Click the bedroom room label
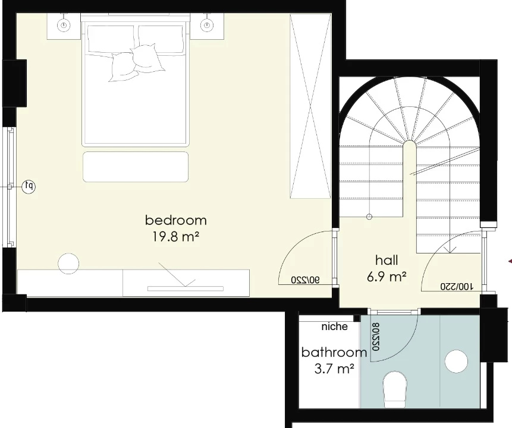(x=175, y=220)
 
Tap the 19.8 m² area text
(x=175, y=237)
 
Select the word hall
(x=387, y=260)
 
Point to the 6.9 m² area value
(x=387, y=277)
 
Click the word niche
(x=334, y=326)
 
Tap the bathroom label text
(x=334, y=353)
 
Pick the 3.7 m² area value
(x=334, y=369)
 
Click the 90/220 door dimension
(x=305, y=280)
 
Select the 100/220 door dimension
(x=457, y=287)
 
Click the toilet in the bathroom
(x=395, y=389)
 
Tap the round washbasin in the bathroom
(x=456, y=362)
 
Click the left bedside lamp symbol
(x=64, y=25)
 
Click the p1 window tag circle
(x=29, y=186)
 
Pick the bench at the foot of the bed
(x=136, y=167)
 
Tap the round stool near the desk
(x=68, y=264)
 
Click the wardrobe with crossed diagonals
(x=310, y=106)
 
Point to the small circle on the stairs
(x=369, y=217)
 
